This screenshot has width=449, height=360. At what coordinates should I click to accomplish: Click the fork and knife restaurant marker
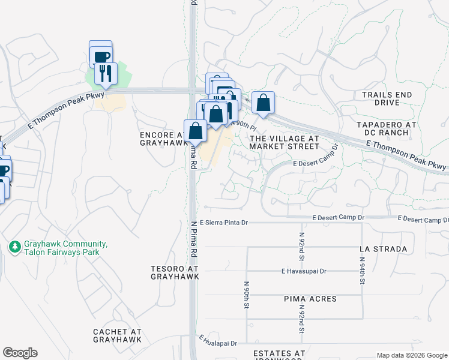click(x=106, y=73)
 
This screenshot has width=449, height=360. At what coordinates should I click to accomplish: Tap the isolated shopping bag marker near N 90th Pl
click(x=263, y=103)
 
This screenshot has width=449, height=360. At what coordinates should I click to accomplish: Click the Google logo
click(x=20, y=353)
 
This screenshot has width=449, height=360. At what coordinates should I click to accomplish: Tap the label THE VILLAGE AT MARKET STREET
click(x=284, y=142)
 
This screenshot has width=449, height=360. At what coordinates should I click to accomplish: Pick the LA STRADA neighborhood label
click(x=383, y=248)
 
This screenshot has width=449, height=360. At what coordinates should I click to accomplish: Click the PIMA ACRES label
click(x=310, y=298)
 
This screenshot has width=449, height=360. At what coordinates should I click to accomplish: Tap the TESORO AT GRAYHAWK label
click(x=175, y=272)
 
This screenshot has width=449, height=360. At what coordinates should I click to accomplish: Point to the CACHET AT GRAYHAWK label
click(x=118, y=335)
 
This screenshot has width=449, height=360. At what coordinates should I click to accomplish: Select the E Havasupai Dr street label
click(x=303, y=271)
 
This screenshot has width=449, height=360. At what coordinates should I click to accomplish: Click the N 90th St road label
click(x=247, y=294)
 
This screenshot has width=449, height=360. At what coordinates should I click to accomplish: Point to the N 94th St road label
click(x=363, y=270)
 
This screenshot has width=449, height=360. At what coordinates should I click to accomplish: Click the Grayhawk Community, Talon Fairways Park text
click(x=65, y=248)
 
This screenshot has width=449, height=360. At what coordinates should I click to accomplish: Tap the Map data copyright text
click(x=411, y=355)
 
